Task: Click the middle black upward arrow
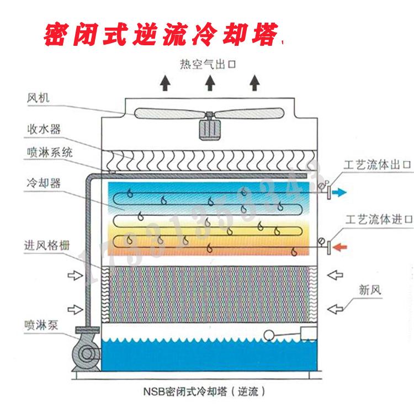[210, 83]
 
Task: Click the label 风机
[38, 99]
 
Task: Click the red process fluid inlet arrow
[340, 247]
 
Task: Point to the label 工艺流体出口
[378, 164]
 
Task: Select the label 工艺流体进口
[378, 220]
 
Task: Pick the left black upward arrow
[164, 83]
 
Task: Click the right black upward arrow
[254, 83]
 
